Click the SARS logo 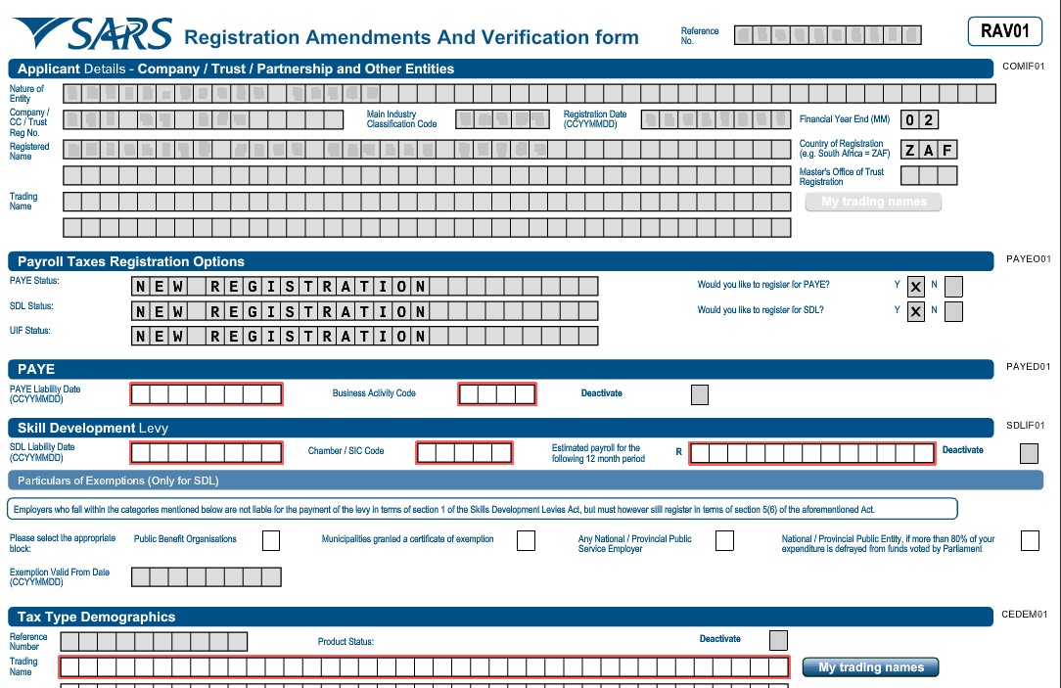[93, 34]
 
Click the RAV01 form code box [1004, 31]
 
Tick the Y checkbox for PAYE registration [916, 287]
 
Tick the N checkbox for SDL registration [953, 311]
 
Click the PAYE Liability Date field [207, 394]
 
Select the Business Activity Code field [497, 394]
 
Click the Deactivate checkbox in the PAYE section [700, 394]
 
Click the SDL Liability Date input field [207, 453]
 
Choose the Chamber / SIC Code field [464, 453]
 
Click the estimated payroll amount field [812, 453]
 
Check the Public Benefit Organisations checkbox [271, 540]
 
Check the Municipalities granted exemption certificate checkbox [526, 540]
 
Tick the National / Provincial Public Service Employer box [724, 540]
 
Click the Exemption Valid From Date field [207, 577]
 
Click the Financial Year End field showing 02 [919, 120]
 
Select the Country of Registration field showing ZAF [929, 150]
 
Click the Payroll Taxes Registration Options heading [131, 262]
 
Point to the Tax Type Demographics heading [97, 618]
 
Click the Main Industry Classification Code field [503, 119]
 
